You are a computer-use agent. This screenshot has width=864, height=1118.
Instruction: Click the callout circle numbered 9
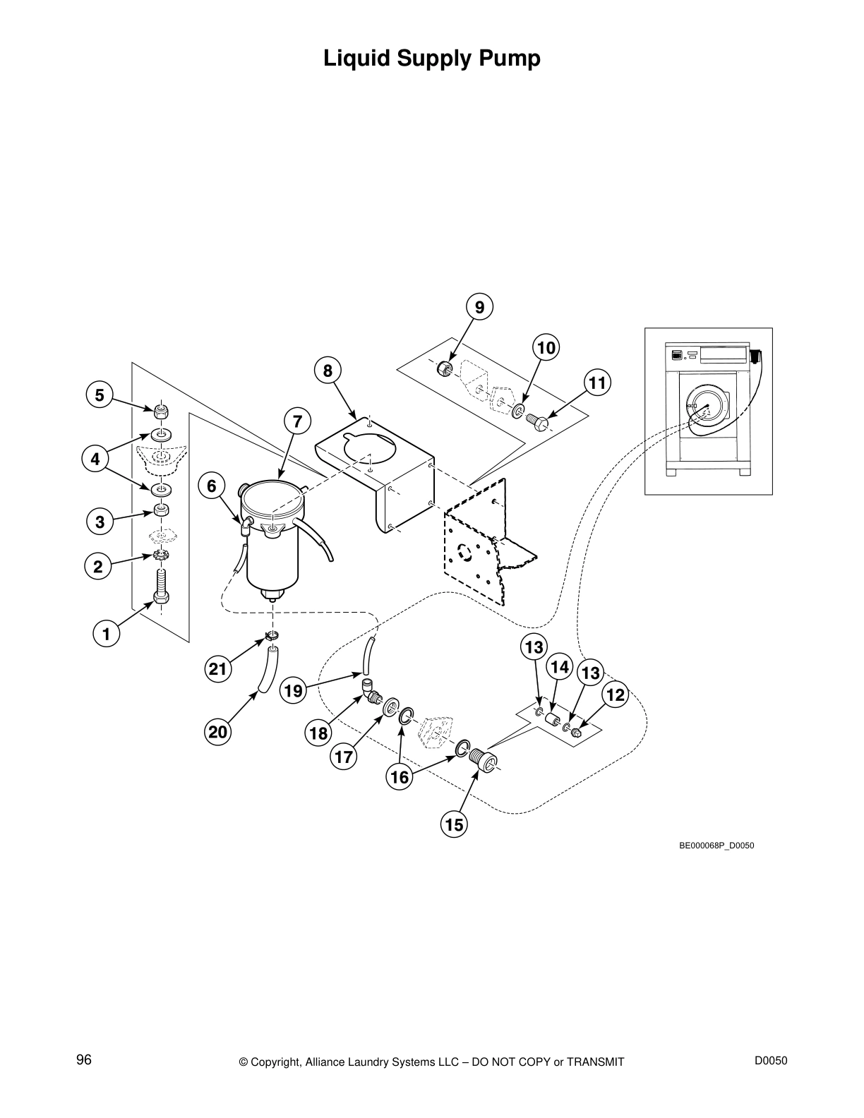(x=479, y=307)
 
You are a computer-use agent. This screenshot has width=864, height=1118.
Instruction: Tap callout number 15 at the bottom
(x=455, y=824)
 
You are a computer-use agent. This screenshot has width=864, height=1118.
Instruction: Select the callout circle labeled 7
(x=297, y=422)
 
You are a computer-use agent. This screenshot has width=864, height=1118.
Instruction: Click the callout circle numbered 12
(x=616, y=695)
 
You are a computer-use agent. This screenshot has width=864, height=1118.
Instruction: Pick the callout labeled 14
(x=559, y=667)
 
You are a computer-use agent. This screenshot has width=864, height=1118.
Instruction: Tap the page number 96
(x=84, y=1059)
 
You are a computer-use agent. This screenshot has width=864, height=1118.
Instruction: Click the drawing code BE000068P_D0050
(x=716, y=845)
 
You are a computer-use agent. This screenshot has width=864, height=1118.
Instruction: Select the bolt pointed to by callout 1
(x=162, y=588)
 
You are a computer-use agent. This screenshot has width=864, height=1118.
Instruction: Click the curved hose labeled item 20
(x=268, y=672)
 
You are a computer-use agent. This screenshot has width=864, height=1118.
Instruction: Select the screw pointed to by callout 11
(x=539, y=421)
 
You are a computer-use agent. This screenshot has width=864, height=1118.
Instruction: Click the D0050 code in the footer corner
(x=771, y=1059)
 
